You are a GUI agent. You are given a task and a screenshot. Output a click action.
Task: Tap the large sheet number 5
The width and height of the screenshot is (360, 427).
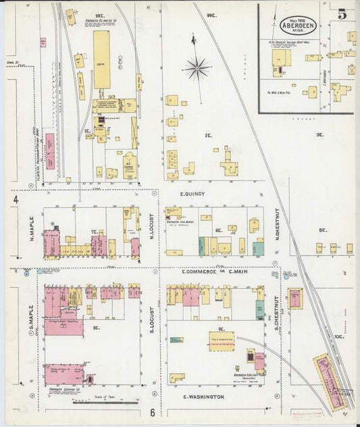342,14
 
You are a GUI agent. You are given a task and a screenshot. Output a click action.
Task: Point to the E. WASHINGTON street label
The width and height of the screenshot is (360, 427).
203,397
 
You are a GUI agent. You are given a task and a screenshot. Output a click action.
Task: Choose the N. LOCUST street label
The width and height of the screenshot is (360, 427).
151,228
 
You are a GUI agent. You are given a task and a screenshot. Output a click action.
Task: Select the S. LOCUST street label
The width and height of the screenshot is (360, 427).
152,323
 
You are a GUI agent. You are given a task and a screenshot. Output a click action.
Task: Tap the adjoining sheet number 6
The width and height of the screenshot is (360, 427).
153,412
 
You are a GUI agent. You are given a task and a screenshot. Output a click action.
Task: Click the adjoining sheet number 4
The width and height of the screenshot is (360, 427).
14,200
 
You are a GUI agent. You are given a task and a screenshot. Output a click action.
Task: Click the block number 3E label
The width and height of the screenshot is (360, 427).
320,134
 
